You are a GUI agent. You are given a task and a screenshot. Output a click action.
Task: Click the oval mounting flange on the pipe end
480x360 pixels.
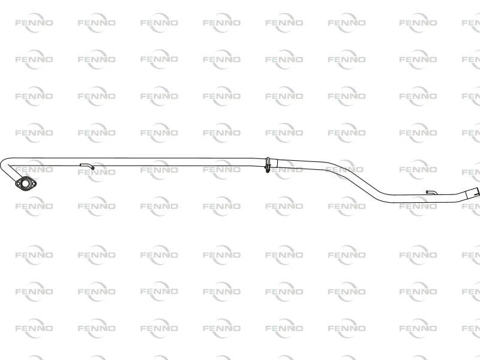tap(25, 184)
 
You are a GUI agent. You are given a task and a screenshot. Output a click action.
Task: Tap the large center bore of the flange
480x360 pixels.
tap(25, 184)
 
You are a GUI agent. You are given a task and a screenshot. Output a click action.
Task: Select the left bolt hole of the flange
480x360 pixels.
tap(18, 184)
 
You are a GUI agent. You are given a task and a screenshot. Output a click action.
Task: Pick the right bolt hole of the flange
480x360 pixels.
tap(33, 184)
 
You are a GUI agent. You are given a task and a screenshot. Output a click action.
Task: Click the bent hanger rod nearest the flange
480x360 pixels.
tap(87, 166)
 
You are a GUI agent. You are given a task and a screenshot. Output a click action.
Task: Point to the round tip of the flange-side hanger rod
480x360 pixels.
tap(93, 168)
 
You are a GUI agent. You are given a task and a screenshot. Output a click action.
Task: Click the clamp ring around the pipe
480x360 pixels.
tap(268, 164)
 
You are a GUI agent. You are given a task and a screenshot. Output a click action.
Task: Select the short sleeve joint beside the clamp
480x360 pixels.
tap(274, 163)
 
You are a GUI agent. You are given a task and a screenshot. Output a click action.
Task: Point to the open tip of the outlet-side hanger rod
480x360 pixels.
tap(427, 192)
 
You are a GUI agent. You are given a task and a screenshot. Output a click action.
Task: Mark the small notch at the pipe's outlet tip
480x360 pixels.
tap(478, 193)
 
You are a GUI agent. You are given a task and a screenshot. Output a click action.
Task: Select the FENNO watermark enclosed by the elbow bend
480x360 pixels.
tap(34, 169)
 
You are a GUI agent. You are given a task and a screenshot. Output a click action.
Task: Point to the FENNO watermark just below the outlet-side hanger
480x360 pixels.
tap(418, 206)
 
